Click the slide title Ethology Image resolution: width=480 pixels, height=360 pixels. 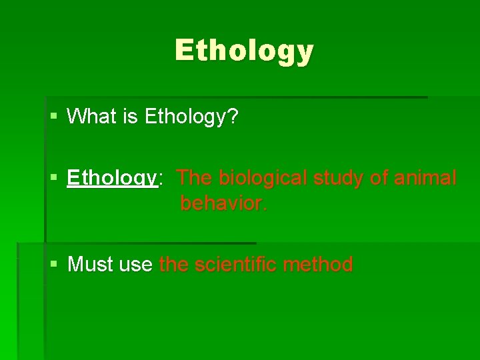[244, 51]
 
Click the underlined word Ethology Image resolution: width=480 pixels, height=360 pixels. [111, 179]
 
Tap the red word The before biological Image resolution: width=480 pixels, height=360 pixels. [195, 178]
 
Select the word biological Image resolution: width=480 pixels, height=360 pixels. [256, 179]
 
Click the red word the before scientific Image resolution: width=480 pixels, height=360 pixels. [174, 265]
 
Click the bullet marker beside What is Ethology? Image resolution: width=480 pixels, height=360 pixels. [54, 117]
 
